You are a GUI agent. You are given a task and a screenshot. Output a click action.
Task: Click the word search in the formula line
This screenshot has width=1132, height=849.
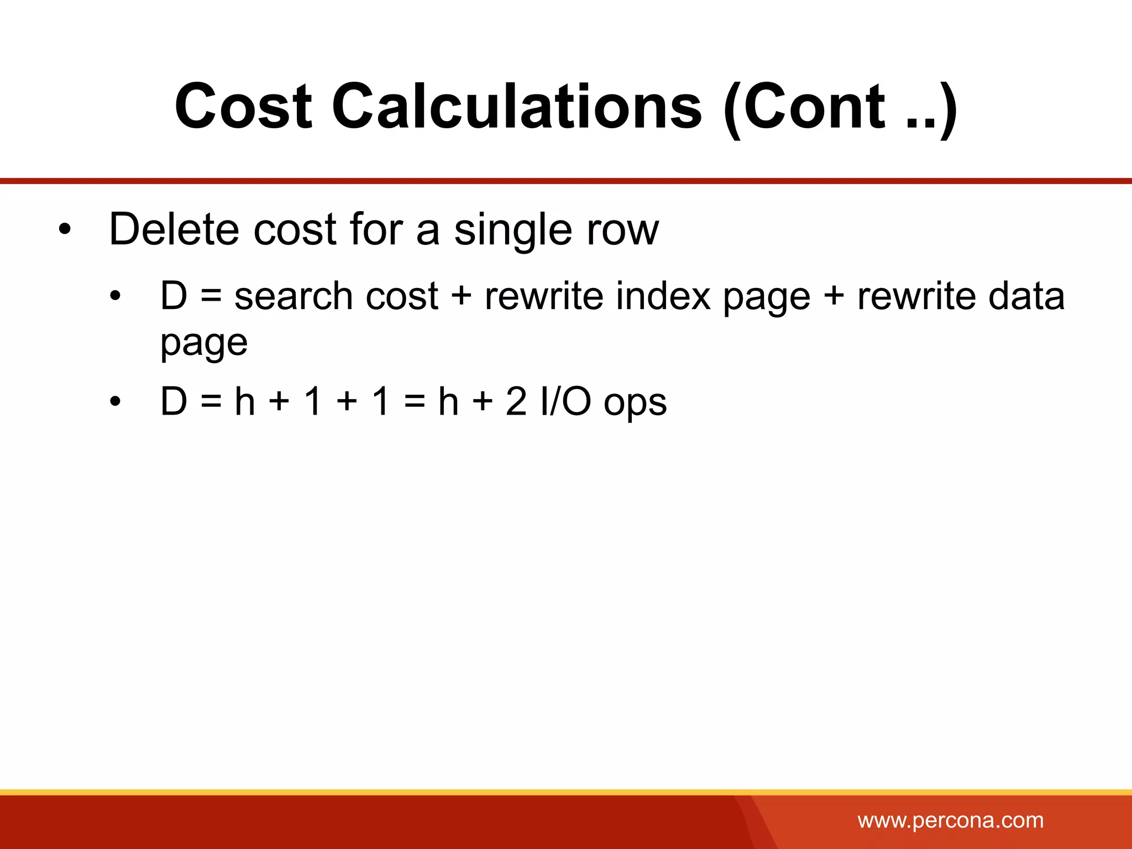pos(293,296)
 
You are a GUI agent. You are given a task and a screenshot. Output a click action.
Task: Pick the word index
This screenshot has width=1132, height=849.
pos(663,296)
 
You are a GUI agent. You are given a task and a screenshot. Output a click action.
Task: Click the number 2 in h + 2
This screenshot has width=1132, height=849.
pos(516,401)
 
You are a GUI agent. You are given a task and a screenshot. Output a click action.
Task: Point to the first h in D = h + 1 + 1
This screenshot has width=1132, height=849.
pos(245,401)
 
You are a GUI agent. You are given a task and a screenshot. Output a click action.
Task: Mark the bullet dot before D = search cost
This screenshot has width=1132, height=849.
pos(115,297)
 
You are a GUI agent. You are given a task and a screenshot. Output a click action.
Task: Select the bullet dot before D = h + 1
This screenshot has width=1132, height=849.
pos(115,402)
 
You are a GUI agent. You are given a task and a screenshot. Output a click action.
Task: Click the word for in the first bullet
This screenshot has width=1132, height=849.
pos(378,229)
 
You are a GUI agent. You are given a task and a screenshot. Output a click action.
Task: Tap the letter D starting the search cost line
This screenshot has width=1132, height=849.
pos(174,296)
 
